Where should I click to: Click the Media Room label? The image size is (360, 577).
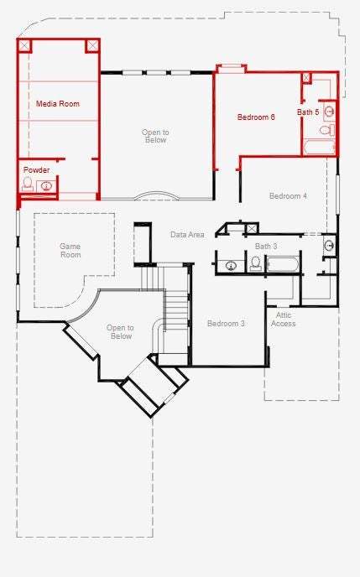coord(58,104)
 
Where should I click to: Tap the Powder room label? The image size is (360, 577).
coord(36,170)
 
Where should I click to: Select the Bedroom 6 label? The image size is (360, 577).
coord(256,117)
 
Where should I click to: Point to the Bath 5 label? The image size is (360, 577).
coord(308,112)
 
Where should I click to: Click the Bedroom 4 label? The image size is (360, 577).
coord(288,195)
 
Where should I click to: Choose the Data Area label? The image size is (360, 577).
coord(187,235)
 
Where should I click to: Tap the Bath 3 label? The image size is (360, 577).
coord(266,247)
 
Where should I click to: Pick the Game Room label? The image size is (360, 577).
coord(70,250)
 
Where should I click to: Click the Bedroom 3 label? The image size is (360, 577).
coord(226,324)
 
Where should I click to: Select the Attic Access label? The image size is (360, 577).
coord(284,320)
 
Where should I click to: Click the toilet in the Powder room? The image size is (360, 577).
coord(28,184)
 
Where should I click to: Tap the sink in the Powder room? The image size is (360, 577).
coord(46,186)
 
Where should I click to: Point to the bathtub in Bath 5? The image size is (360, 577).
coord(319,148)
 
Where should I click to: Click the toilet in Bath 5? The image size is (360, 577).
coord(326,129)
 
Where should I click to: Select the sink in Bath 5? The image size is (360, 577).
coord(329,112)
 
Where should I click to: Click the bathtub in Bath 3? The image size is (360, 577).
coord(283,264)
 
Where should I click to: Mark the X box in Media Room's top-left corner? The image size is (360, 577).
coord(24,45)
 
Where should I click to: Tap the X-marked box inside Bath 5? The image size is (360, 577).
coord(306,78)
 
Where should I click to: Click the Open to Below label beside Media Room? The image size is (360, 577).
coord(156,136)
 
